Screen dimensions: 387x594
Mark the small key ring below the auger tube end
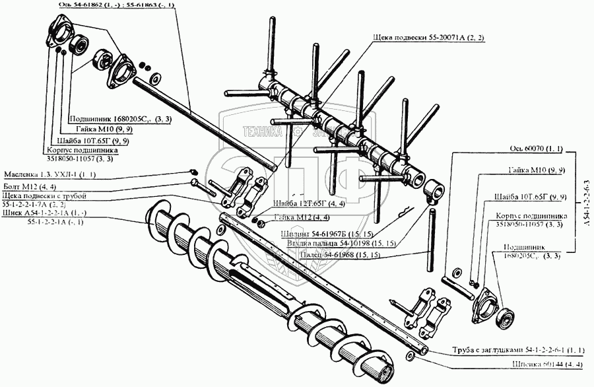411,357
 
